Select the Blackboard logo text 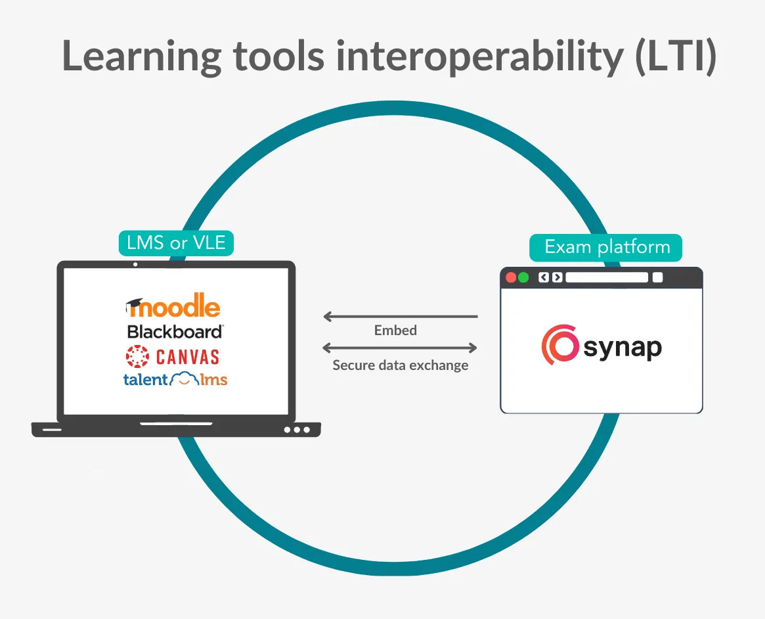pos(175,332)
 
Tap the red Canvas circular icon pos(137,356)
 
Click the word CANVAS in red pos(188,357)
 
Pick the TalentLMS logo pos(175,378)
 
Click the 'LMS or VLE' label pos(176,242)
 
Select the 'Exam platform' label pos(606,248)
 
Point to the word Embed pos(395,331)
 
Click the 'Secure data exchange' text pos(400,365)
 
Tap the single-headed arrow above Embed pos(401,317)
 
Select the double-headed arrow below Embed pos(400,348)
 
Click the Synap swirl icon pos(560,345)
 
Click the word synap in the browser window pos(623,348)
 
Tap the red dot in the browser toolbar pos(512,277)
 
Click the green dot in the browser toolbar pos(523,277)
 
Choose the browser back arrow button pos(544,277)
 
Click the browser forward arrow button pos(557,277)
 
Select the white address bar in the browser pos(607,277)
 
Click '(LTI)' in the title pos(676,57)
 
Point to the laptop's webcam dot pos(135,265)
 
